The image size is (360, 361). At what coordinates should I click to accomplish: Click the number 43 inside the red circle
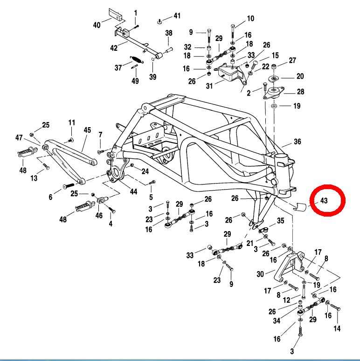click(324, 201)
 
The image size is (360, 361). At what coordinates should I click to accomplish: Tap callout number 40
click(97, 25)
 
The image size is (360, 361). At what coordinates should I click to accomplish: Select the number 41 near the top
click(176, 16)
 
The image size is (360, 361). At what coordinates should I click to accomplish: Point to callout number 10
click(250, 19)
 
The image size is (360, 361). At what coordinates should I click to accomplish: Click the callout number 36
click(298, 142)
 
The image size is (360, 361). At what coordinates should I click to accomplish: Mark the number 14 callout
click(337, 328)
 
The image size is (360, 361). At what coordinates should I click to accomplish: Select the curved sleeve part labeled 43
click(299, 206)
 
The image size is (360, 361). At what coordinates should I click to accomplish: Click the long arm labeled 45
click(70, 153)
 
